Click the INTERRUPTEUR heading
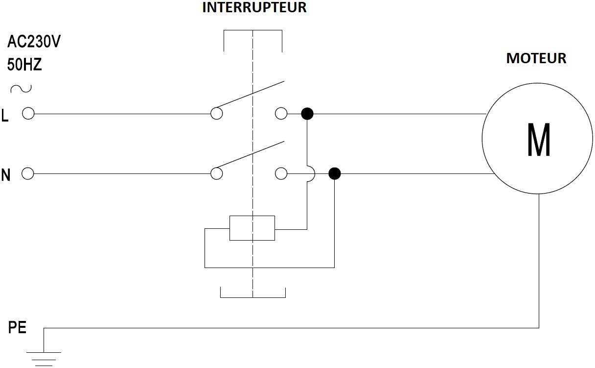click(x=254, y=8)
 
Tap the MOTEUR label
click(x=536, y=58)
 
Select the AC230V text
click(x=34, y=42)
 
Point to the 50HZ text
click(x=24, y=64)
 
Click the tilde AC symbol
click(x=21, y=88)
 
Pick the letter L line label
click(x=5, y=115)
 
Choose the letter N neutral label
click(x=6, y=175)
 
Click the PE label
click(x=17, y=328)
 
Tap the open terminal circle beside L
click(x=28, y=114)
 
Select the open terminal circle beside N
click(x=28, y=173)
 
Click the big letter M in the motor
click(x=539, y=139)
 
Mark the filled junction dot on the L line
click(x=307, y=114)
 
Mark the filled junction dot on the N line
click(x=334, y=173)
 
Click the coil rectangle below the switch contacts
click(x=252, y=228)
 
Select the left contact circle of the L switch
click(x=216, y=114)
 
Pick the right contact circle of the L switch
click(x=281, y=114)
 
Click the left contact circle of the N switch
click(x=216, y=173)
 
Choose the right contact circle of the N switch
click(x=281, y=173)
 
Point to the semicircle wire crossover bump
click(x=311, y=173)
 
